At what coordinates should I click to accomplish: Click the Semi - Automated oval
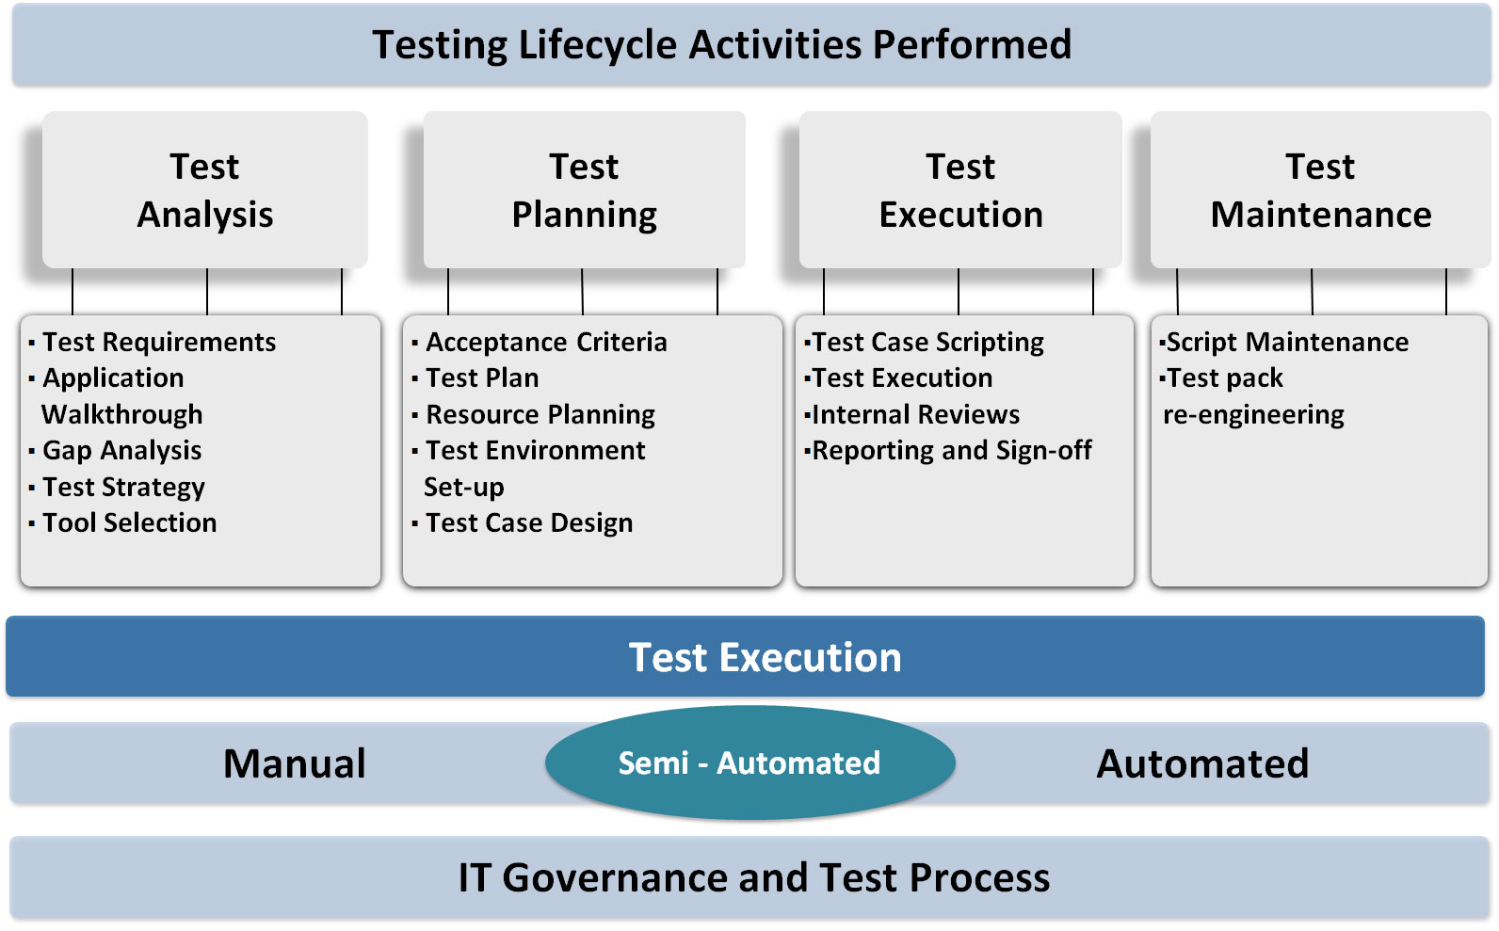(750, 762)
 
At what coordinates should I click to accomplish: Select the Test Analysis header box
(204, 190)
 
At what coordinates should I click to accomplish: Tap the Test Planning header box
(584, 190)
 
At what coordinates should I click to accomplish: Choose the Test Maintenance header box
(1320, 190)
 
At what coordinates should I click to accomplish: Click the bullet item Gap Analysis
(121, 450)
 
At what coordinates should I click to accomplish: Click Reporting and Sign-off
(952, 451)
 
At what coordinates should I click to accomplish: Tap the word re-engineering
(1253, 415)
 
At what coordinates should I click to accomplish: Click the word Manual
(295, 763)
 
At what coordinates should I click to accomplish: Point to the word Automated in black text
(1202, 763)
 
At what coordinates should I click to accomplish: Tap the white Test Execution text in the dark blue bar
(765, 657)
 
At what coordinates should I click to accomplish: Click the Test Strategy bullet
(123, 487)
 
